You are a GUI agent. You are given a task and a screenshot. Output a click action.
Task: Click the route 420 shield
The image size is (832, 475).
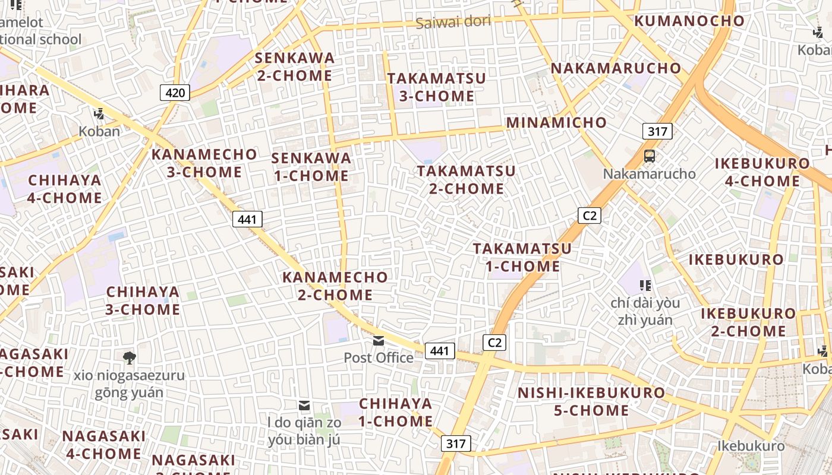click(x=175, y=93)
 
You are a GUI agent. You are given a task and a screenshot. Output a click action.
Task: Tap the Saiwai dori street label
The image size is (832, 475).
click(x=453, y=23)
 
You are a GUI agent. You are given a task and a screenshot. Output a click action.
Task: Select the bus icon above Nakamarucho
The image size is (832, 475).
click(x=650, y=156)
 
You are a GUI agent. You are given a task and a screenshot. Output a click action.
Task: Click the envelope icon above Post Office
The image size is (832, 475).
click(x=379, y=341)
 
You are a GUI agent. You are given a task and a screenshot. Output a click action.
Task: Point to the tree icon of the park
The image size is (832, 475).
click(x=129, y=357)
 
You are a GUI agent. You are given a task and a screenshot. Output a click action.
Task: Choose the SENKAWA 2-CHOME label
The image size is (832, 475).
click(x=295, y=67)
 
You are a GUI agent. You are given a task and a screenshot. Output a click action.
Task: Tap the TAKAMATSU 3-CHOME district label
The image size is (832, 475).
click(x=436, y=87)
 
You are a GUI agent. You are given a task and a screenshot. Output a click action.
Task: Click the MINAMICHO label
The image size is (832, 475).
click(x=556, y=123)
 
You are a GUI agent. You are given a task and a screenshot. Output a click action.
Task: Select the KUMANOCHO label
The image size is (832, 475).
click(x=689, y=21)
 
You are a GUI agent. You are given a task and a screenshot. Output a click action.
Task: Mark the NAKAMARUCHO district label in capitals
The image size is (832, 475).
click(x=616, y=68)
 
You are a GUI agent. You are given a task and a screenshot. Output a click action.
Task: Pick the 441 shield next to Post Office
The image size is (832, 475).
click(x=440, y=351)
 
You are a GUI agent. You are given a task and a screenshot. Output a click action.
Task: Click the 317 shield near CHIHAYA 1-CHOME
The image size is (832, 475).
click(x=456, y=444)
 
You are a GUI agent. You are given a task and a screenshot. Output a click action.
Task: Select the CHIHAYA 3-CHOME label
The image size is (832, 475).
click(x=143, y=300)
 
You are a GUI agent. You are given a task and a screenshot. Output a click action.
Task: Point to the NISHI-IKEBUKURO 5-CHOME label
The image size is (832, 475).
click(x=591, y=401)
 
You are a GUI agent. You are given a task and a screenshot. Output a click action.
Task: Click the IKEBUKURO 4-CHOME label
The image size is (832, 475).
click(x=762, y=172)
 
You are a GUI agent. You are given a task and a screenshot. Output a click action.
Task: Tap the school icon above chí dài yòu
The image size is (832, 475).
click(x=645, y=286)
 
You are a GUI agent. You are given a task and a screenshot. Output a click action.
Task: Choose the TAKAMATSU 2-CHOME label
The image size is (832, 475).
click(x=466, y=180)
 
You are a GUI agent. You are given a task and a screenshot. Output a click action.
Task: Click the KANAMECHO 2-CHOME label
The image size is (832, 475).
click(x=335, y=286)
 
